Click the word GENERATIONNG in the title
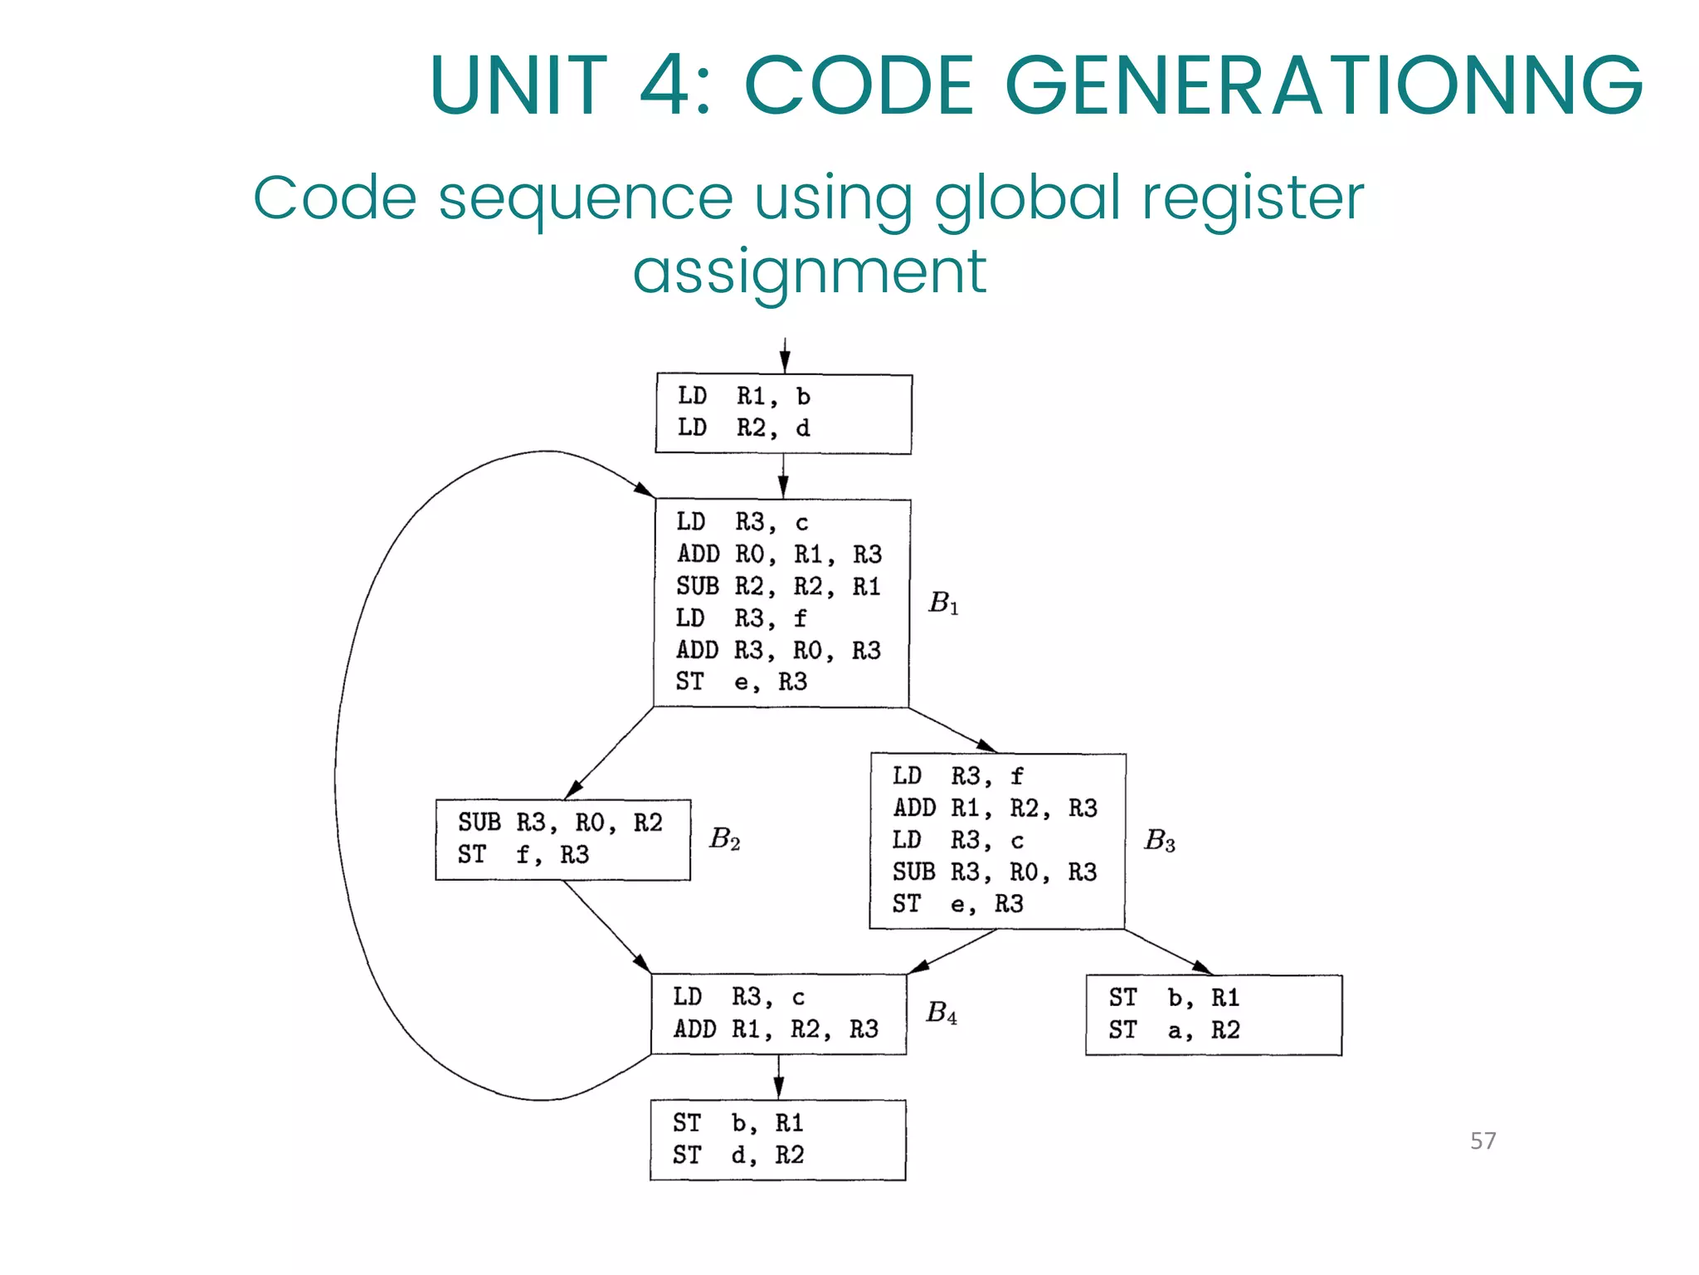pyautogui.click(x=1323, y=85)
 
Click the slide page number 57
pyautogui.click(x=1482, y=1141)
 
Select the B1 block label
pyautogui.click(x=943, y=603)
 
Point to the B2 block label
pyautogui.click(x=724, y=839)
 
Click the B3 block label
pyautogui.click(x=1159, y=841)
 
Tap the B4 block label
pyautogui.click(x=942, y=1013)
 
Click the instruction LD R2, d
pyautogui.click(x=743, y=428)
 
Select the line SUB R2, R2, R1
pyautogui.click(x=777, y=587)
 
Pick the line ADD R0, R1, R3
pyautogui.click(x=779, y=554)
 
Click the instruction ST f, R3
pyautogui.click(x=523, y=854)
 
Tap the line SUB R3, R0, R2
pyautogui.click(x=560, y=823)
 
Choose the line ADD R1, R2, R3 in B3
pyautogui.click(x=995, y=808)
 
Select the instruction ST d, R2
pyautogui.click(x=738, y=1155)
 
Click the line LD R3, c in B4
pyautogui.click(x=738, y=997)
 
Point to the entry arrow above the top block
pyautogui.click(x=784, y=355)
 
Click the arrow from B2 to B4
pyautogui.click(x=606, y=926)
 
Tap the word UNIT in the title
pyautogui.click(x=518, y=85)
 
